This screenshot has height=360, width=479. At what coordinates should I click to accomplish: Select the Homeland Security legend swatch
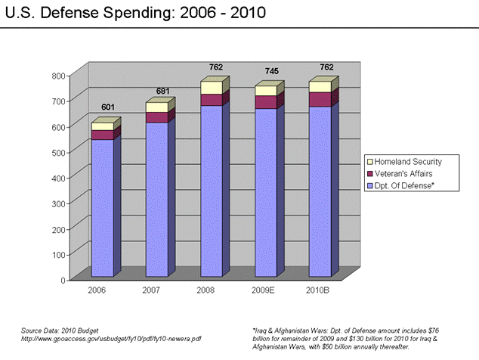(x=370, y=162)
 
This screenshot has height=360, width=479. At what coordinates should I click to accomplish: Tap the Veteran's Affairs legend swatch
(x=370, y=173)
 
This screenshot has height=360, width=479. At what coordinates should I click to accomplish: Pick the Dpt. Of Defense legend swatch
(x=370, y=185)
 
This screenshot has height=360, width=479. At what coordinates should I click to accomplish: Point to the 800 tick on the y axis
(x=58, y=76)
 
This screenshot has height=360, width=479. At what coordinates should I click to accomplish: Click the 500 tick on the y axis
(x=58, y=152)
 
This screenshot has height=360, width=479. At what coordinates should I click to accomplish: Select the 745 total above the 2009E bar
(x=271, y=72)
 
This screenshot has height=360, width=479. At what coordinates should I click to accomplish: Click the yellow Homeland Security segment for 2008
(x=211, y=88)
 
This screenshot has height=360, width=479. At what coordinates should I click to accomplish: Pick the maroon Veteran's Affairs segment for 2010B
(x=320, y=99)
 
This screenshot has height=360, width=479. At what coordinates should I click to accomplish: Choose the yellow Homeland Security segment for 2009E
(x=265, y=91)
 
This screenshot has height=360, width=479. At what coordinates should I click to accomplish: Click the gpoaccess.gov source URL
(x=110, y=339)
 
